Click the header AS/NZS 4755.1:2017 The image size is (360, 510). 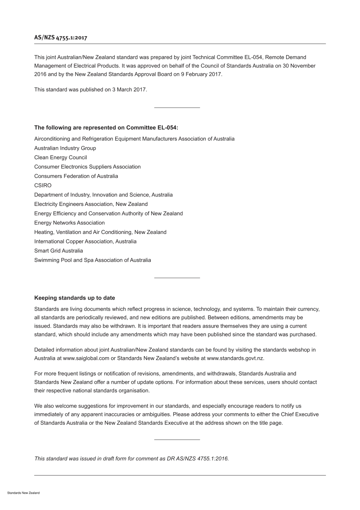(x=61, y=38)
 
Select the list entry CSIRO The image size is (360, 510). (x=43, y=185)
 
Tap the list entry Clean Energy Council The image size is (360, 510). (x=61, y=157)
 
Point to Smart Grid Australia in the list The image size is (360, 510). (x=58, y=251)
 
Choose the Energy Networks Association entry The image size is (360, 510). (x=69, y=223)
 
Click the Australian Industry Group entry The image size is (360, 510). (x=65, y=148)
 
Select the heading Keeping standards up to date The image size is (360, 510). (x=75, y=298)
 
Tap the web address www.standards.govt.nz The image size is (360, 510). (x=235, y=358)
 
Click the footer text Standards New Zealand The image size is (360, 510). (x=23, y=493)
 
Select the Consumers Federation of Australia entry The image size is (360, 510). (x=76, y=176)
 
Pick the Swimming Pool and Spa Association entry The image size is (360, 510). (x=92, y=260)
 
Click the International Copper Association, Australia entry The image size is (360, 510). (x=85, y=242)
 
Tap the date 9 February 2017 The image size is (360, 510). (x=201, y=74)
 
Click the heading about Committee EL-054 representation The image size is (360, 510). (x=106, y=128)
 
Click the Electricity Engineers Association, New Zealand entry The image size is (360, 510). (x=91, y=204)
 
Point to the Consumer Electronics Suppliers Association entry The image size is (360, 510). (x=88, y=167)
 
